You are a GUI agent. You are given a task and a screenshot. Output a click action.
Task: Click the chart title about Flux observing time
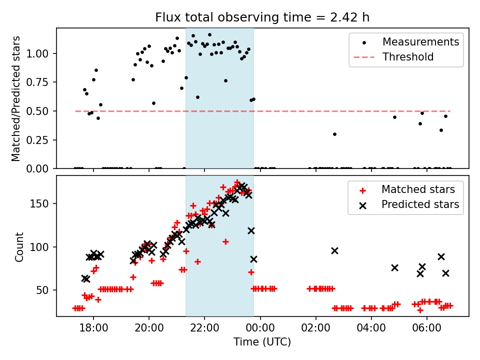(262, 17)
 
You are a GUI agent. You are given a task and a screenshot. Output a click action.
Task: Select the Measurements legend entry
(420, 42)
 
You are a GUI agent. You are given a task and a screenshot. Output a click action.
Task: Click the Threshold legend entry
(408, 57)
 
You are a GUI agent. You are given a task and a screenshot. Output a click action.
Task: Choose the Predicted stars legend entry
(420, 204)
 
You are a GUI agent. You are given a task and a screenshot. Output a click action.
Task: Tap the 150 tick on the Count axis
(44, 204)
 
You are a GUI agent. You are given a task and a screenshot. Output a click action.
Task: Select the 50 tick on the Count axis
(46, 290)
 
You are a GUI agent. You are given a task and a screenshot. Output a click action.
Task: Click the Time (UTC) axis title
(262, 342)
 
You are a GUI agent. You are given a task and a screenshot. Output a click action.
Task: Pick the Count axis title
(19, 246)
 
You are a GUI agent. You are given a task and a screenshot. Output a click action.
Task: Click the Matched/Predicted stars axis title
(16, 98)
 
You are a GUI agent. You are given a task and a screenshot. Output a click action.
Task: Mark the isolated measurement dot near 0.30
(334, 134)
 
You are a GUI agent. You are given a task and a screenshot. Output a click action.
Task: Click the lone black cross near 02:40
(334, 250)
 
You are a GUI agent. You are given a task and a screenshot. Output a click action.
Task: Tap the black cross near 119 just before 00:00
(251, 230)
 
